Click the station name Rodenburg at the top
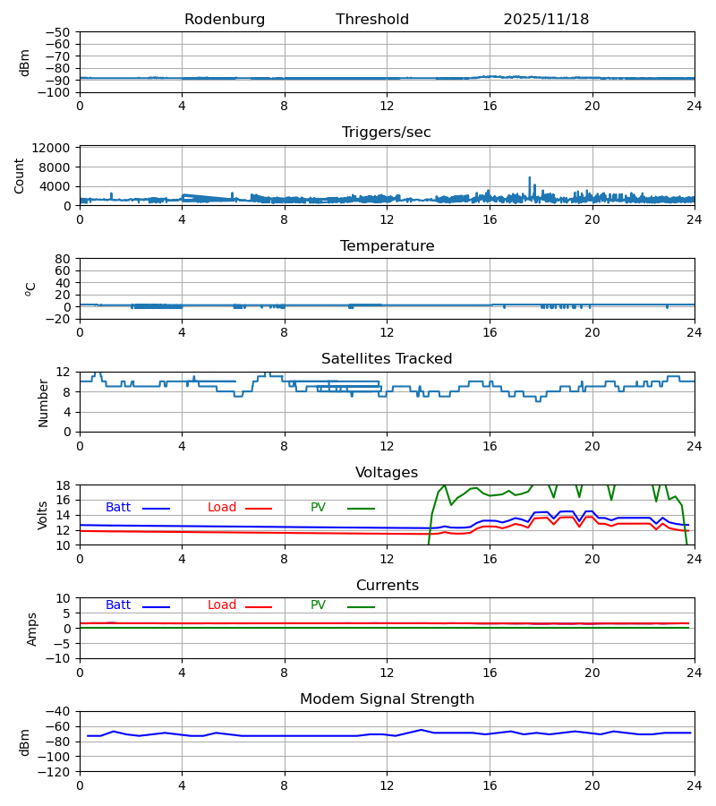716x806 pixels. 225,20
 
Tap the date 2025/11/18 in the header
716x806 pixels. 546,20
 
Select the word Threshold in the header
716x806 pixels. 372,20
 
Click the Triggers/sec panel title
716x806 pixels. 387,133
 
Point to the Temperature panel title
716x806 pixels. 387,246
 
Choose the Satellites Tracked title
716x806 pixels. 387,359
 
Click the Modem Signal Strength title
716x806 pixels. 387,699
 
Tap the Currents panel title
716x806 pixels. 387,586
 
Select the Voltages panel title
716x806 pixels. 387,473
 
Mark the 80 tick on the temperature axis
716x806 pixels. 63,259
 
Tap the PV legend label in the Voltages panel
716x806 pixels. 318,508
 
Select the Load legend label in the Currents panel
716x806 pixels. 222,605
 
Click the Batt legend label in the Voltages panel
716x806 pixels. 118,508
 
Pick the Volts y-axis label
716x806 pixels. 43,515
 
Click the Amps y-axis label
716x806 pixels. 32,629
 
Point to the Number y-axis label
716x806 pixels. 43,402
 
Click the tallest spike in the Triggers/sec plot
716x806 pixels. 529,178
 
